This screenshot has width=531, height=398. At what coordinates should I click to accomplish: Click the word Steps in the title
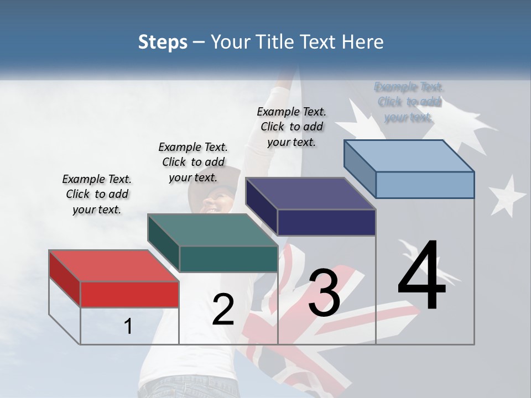click(x=163, y=42)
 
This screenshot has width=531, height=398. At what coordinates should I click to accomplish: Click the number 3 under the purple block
click(x=324, y=293)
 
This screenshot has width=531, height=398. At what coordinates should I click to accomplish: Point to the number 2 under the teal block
click(x=223, y=310)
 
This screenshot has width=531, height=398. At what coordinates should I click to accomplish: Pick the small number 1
click(x=128, y=327)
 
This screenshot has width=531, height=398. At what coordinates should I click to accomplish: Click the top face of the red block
click(x=113, y=266)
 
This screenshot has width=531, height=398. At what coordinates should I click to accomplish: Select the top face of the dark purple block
click(x=310, y=193)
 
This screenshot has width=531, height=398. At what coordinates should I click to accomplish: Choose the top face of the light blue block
click(x=409, y=156)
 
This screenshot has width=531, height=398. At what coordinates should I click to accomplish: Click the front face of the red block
click(x=129, y=294)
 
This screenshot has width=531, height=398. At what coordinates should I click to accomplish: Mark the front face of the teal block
click(x=228, y=259)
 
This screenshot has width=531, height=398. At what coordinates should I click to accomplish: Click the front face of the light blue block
click(x=425, y=185)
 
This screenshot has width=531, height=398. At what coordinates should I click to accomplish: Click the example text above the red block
click(x=97, y=194)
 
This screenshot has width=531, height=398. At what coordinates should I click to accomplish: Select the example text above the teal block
click(x=193, y=162)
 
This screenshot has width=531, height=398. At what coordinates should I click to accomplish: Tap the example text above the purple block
click(x=291, y=127)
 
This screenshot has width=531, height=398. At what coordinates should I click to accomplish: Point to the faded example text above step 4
click(x=409, y=102)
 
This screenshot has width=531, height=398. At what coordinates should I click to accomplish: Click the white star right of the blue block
click(x=507, y=195)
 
